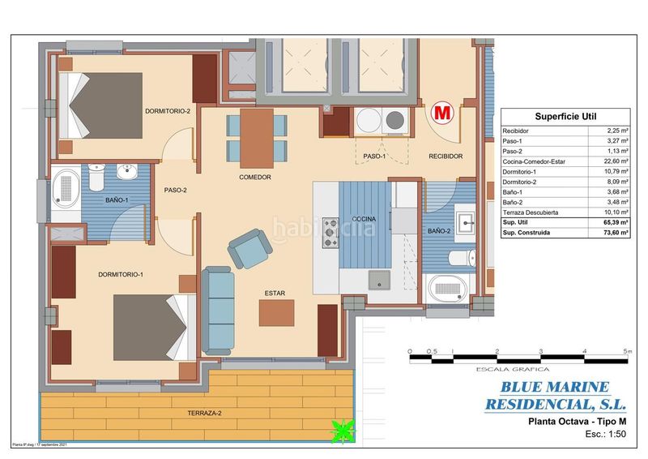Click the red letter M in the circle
442,113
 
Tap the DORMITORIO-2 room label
168,111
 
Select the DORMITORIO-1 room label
121,275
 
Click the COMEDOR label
254,177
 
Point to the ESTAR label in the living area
275,294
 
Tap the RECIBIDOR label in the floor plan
446,157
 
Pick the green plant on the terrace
343,431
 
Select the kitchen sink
379,281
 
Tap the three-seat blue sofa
217,311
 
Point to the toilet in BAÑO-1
97,176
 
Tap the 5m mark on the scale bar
626,351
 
